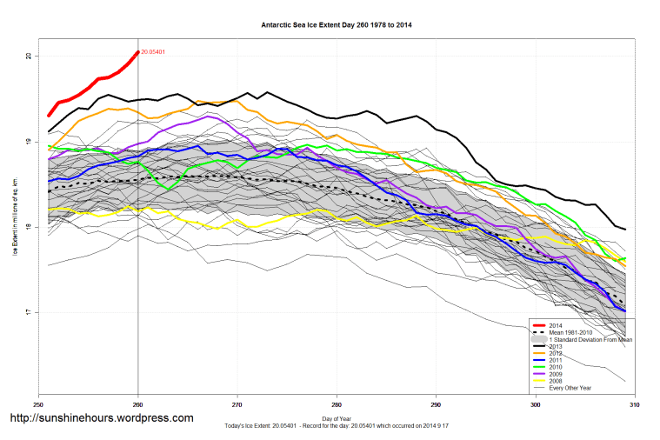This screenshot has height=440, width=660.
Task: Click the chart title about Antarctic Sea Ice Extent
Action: tap(336, 25)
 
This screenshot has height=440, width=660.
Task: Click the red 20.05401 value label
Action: tap(154, 52)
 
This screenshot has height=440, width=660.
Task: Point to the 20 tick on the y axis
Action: tap(29, 56)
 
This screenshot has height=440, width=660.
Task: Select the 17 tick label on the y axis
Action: tap(29, 312)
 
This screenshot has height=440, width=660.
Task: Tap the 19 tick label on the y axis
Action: tap(29, 142)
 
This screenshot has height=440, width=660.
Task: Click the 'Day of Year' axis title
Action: tap(336, 419)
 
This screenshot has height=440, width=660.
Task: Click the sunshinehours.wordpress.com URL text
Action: tap(102, 418)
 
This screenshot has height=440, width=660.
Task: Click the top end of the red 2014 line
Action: tap(138, 52)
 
